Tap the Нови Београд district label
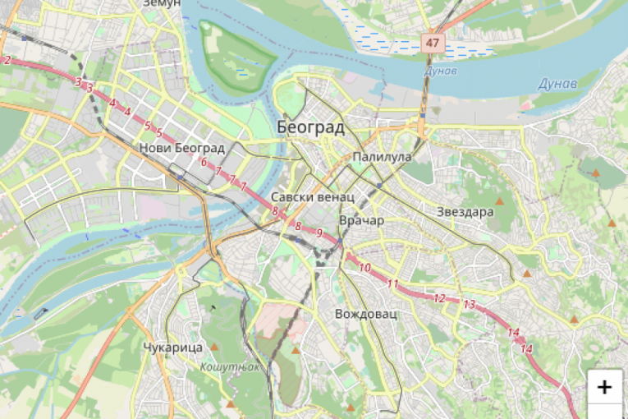(182, 148)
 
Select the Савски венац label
(312, 197)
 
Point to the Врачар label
(361, 220)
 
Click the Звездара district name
(465, 211)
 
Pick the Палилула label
(380, 156)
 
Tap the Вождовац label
(366, 314)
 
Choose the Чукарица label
(172, 348)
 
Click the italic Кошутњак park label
(230, 366)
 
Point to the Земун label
(161, 4)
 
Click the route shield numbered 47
(433, 41)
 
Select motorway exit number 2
(7, 60)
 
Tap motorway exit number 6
(203, 162)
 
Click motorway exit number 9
(319, 233)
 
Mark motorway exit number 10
(364, 268)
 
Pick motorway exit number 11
(393, 284)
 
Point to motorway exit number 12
(439, 298)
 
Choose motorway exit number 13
(469, 304)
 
